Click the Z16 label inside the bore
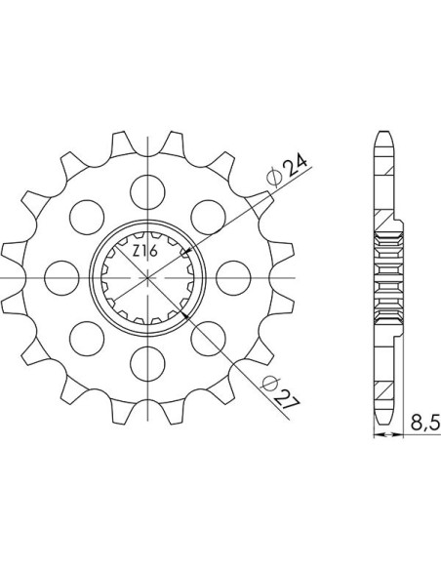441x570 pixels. pyautogui.click(x=145, y=251)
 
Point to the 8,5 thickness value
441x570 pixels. pyautogui.click(x=425, y=424)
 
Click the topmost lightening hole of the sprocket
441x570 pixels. pyautogui.click(x=147, y=192)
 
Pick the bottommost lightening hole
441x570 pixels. pyautogui.click(x=147, y=363)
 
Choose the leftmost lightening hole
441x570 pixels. pyautogui.click(x=61, y=278)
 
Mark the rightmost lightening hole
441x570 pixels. pyautogui.click(x=233, y=278)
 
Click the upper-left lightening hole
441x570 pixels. pyautogui.click(x=87, y=218)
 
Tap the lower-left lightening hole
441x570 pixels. pyautogui.click(x=87, y=339)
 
